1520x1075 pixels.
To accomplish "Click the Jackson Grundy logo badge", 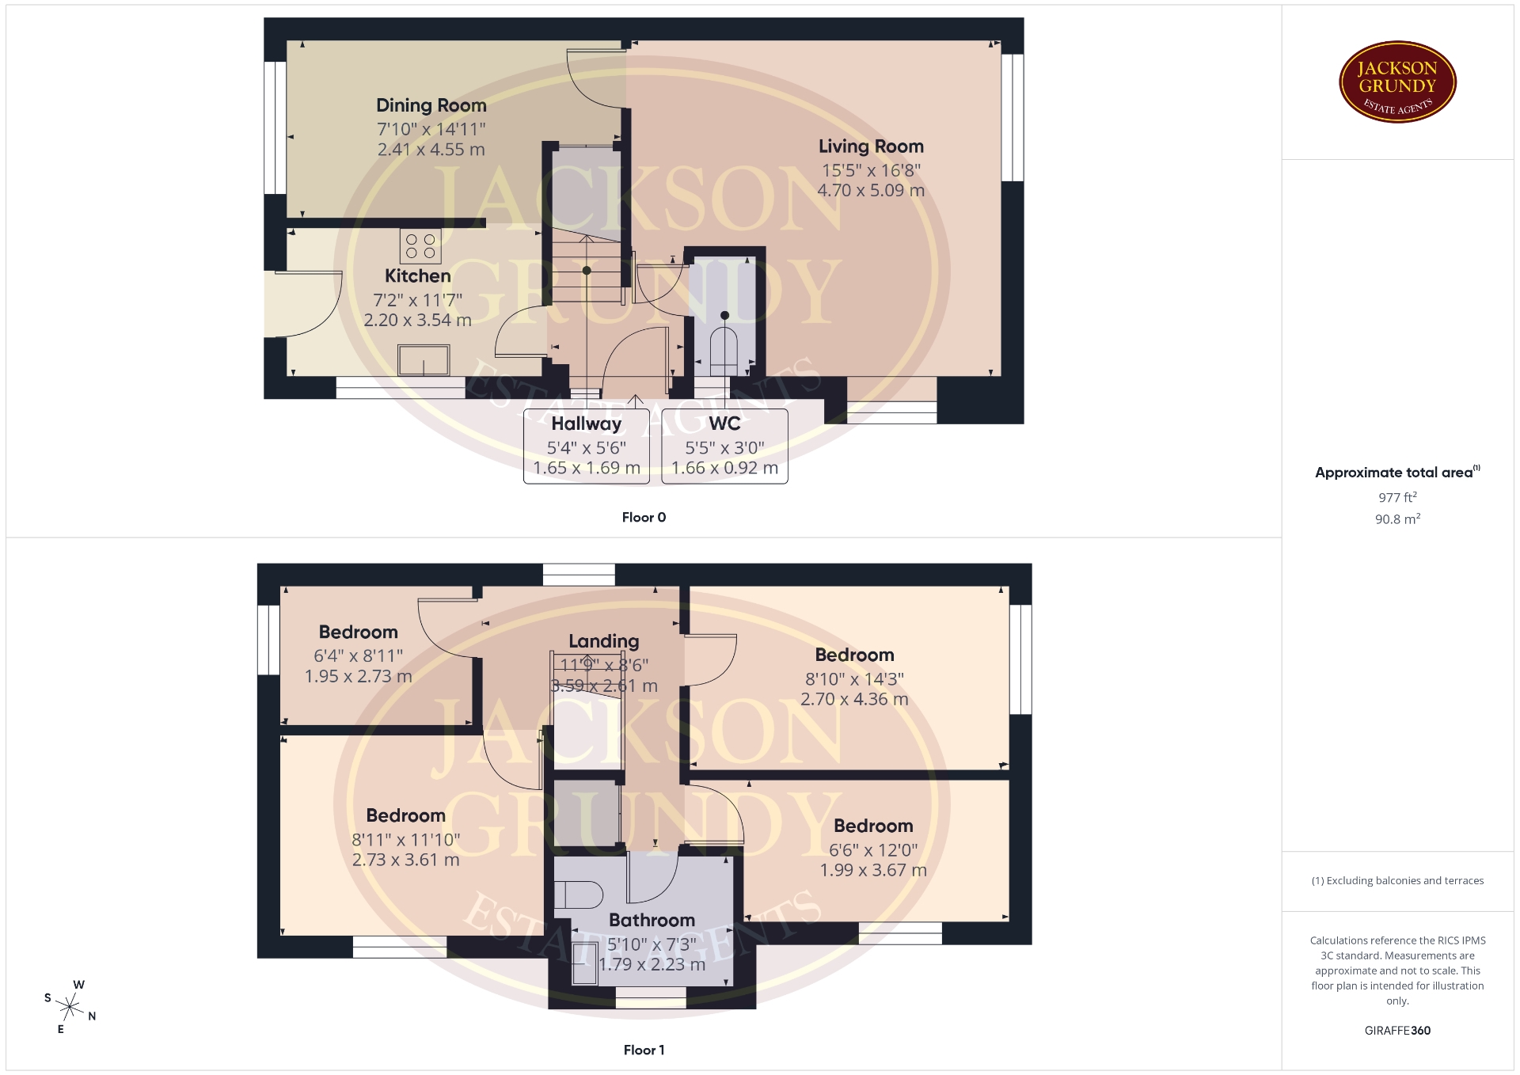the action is click(1397, 82).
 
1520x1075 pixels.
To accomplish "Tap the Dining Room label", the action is click(431, 105).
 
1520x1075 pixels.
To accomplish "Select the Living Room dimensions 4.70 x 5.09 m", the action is click(871, 191).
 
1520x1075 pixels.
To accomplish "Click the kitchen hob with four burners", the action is click(420, 246).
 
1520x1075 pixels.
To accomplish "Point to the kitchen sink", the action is click(424, 360).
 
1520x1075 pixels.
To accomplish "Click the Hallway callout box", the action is click(587, 446).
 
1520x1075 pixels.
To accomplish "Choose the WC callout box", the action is click(724, 446).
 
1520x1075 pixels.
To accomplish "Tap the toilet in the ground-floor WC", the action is click(724, 347).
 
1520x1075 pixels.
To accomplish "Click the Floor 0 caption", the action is click(644, 518).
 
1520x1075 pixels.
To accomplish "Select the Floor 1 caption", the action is click(644, 1050).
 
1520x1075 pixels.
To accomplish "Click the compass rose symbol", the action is click(70, 1007).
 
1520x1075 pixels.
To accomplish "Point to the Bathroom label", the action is click(652, 921).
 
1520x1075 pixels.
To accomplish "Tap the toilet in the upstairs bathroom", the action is click(578, 895).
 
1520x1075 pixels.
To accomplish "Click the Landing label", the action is click(603, 641).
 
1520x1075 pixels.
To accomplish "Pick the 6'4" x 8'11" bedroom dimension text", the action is click(359, 656).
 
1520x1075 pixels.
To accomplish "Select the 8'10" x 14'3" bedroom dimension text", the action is click(854, 679).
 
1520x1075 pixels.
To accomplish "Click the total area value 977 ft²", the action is click(1397, 497).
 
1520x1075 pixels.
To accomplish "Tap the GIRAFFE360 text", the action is click(1397, 1031).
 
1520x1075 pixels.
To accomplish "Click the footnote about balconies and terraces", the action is click(1397, 880).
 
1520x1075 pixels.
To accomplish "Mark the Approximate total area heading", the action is click(1397, 473).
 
